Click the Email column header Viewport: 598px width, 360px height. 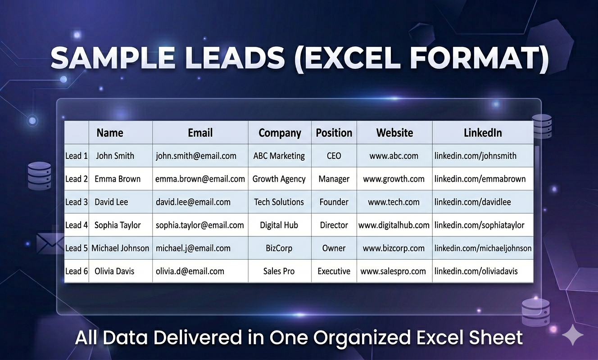pos(200,133)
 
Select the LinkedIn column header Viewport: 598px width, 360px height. pos(483,133)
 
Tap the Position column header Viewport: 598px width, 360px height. pos(334,133)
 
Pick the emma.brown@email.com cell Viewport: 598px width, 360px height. pos(200,179)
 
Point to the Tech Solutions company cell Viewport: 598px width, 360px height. pos(279,202)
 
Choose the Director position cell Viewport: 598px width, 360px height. pos(334,225)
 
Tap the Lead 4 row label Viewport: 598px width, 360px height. pos(77,225)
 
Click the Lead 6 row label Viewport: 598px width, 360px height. pos(77,271)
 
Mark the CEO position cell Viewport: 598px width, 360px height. pos(334,156)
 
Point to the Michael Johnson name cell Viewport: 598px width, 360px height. pos(120,248)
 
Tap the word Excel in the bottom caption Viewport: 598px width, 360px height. pos(437,337)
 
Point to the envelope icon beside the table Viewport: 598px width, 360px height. pos(50,243)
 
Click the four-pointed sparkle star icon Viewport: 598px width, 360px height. pos(573,335)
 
